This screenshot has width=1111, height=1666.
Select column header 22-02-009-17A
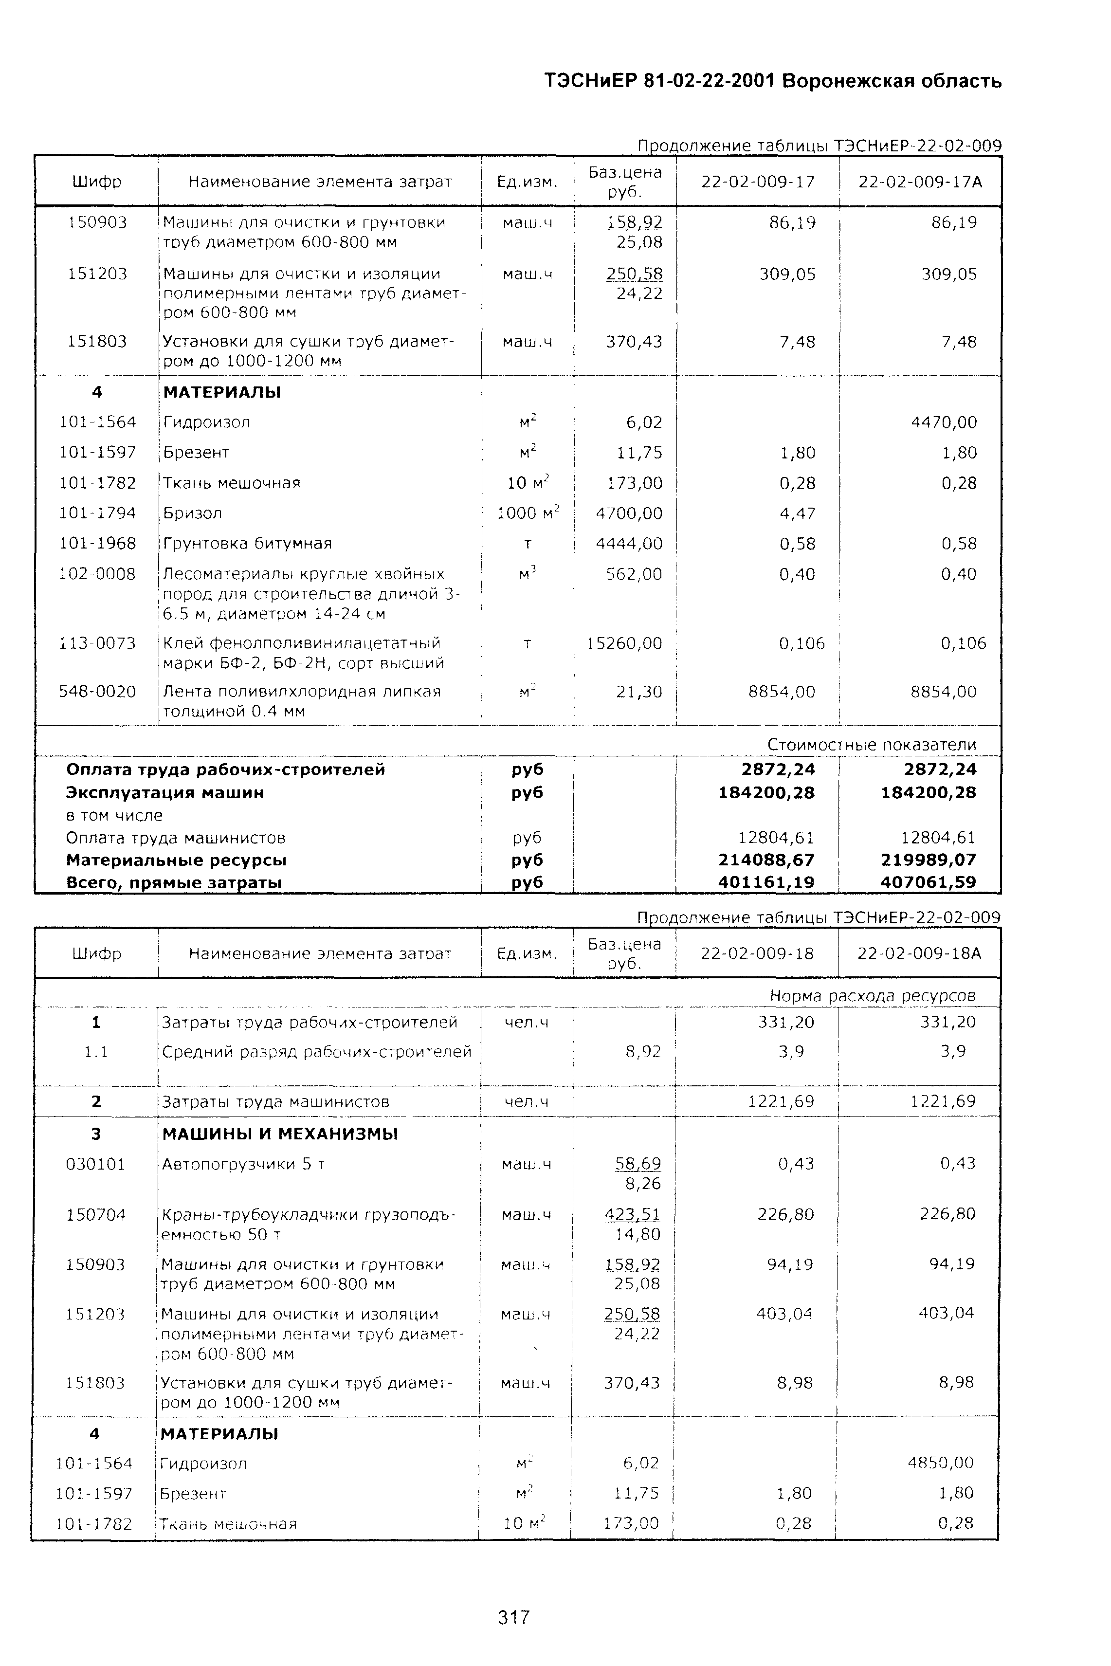920,182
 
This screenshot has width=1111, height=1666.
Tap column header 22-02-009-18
757,953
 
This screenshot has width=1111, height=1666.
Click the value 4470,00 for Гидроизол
944,422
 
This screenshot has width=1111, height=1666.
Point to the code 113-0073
97,643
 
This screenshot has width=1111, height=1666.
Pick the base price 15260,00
624,643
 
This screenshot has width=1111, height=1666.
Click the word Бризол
193,513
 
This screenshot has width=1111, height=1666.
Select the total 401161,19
766,882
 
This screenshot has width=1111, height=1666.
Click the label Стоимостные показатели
872,745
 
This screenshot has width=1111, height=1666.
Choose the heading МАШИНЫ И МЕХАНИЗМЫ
280,1134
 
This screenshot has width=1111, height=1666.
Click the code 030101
96,1164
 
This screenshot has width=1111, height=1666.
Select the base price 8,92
643,1052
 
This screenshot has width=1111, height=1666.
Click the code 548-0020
97,691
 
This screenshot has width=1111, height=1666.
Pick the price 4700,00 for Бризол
629,513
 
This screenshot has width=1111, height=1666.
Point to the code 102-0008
97,573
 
